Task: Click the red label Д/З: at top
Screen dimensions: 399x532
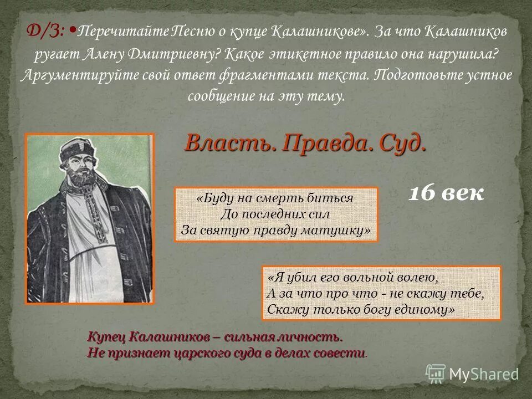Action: pos(47,32)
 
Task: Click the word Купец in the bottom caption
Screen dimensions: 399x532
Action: pos(106,337)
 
